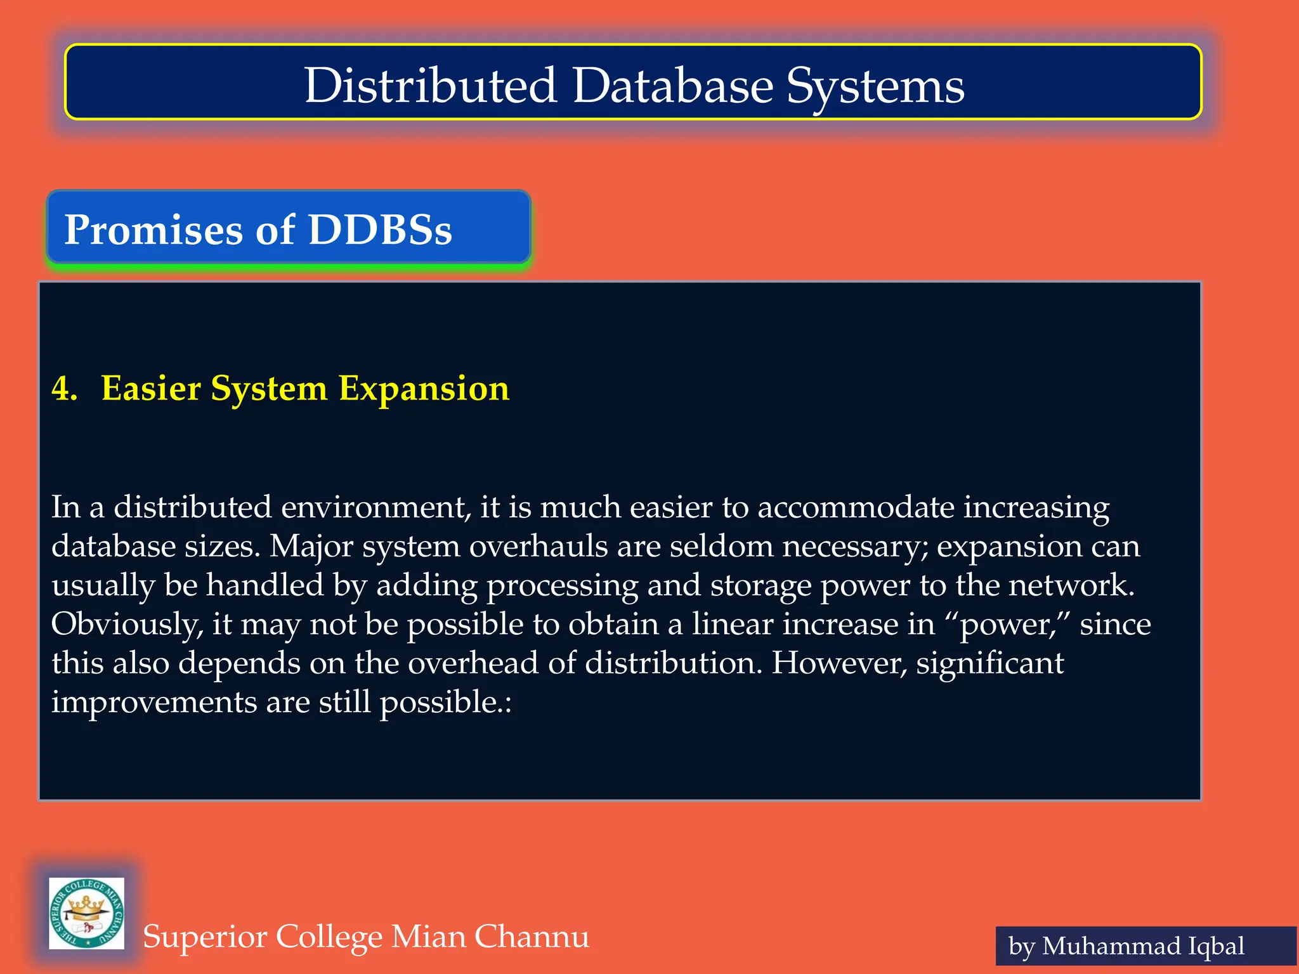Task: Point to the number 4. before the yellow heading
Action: [x=64, y=388]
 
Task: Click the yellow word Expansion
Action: [x=424, y=388]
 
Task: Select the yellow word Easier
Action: [x=151, y=388]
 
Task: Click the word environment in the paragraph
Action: [x=376, y=507]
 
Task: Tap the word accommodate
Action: [x=856, y=507]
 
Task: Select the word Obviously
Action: [x=127, y=625]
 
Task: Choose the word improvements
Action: [x=154, y=702]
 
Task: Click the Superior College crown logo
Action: [x=87, y=913]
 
